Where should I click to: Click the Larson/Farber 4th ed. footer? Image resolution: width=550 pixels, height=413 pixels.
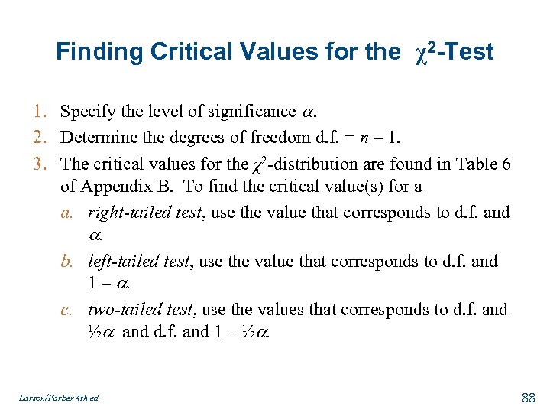pyautogui.click(x=60, y=398)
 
